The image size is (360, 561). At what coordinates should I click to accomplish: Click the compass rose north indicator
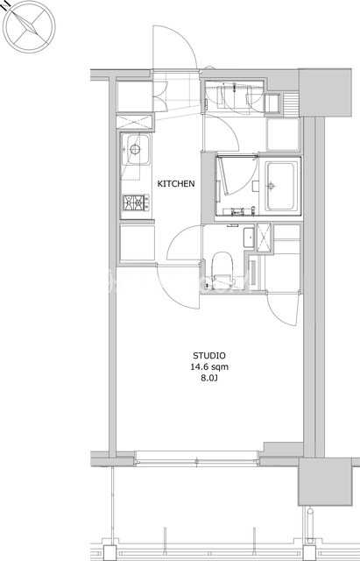pyautogui.click(x=29, y=26)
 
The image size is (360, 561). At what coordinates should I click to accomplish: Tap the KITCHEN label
pyautogui.click(x=176, y=184)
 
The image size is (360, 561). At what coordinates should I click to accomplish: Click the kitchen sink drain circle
pyautogui.click(x=135, y=149)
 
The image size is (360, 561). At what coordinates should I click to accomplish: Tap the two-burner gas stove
pyautogui.click(x=136, y=202)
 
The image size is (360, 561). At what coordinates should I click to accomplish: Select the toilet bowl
pyautogui.click(x=222, y=267)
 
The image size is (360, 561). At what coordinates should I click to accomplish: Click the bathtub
pyautogui.click(x=282, y=186)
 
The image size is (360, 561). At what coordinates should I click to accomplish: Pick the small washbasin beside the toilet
pyautogui.click(x=249, y=238)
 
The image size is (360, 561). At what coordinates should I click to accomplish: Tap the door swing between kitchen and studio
pyautogui.click(x=179, y=287)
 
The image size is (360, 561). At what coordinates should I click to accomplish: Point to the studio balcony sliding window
pyautogui.click(x=196, y=458)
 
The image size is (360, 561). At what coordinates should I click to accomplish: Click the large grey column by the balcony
pyautogui.click(x=325, y=482)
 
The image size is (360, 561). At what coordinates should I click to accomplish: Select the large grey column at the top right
pyautogui.click(x=325, y=93)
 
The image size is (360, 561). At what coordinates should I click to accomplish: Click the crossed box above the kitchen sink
pyautogui.click(x=134, y=122)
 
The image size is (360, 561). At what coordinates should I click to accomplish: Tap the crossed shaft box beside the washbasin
pyautogui.click(x=264, y=238)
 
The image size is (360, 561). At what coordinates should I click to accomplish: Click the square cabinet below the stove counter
pyautogui.click(x=138, y=243)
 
